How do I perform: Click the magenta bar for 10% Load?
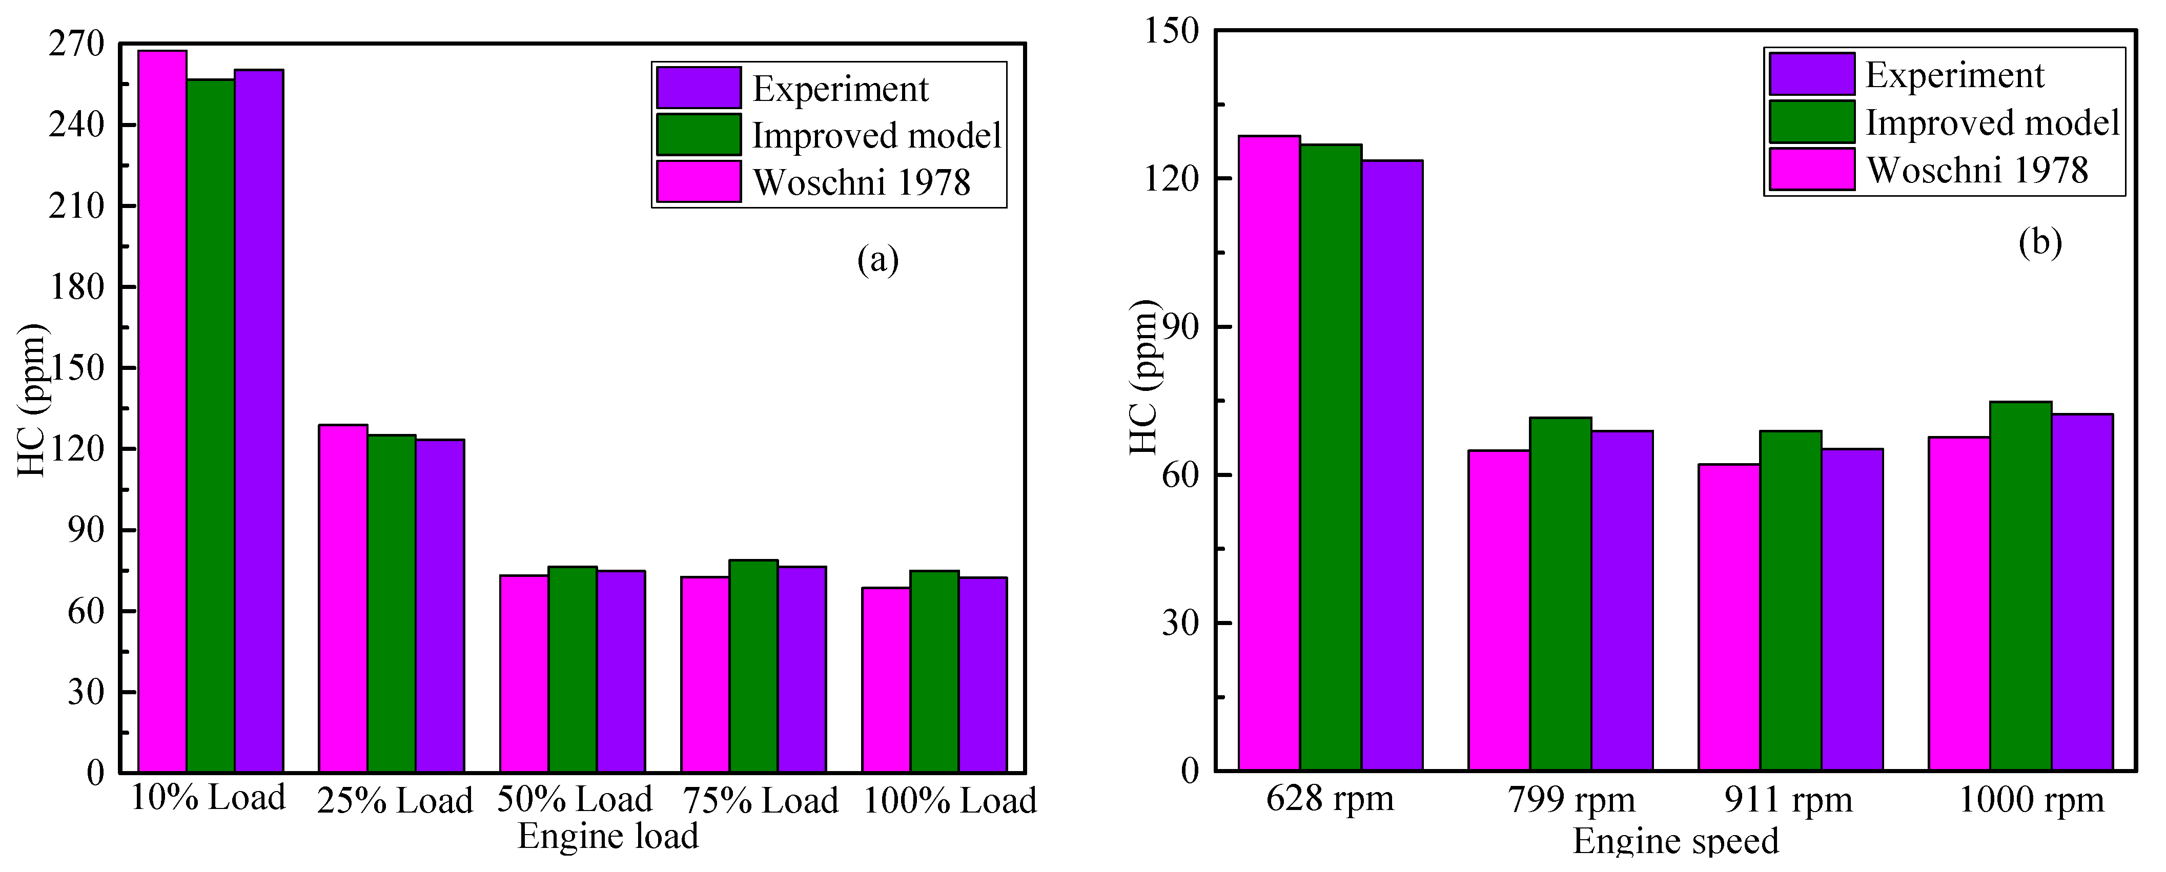point(162,411)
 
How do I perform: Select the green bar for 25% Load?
point(392,603)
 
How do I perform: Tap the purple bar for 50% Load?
point(621,671)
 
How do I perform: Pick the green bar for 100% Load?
point(934,671)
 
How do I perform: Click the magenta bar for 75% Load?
point(705,674)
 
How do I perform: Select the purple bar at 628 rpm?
point(1393,465)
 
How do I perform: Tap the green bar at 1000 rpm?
point(2020,586)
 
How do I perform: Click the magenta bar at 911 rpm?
point(1729,617)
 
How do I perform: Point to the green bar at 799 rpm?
point(1561,594)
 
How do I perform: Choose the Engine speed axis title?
point(1676,841)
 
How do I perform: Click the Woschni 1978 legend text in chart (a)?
point(861,182)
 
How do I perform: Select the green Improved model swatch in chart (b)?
point(1811,122)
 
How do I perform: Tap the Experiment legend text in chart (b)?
point(1954,75)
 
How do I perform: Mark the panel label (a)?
point(878,259)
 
